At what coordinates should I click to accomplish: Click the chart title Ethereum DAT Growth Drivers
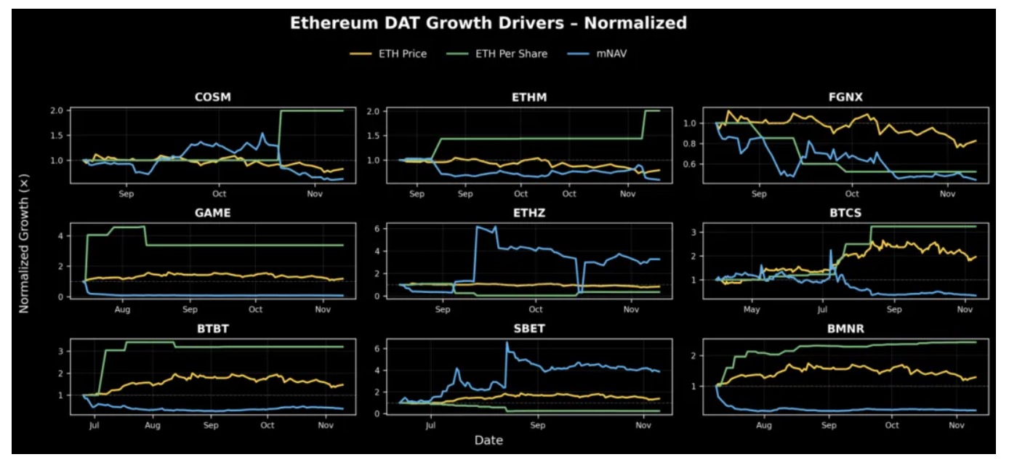[488, 23]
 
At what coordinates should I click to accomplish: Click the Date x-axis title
[489, 440]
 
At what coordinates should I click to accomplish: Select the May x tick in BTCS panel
[751, 309]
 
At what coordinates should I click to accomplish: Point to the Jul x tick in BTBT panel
[94, 425]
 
